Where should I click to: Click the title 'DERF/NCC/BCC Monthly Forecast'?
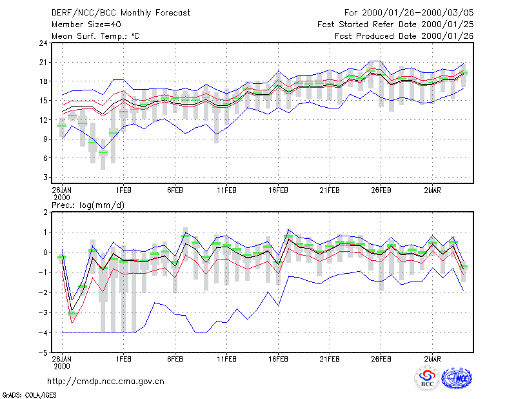point(121,13)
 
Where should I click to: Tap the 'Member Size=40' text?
point(86,25)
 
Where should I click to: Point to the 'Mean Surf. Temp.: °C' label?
point(95,36)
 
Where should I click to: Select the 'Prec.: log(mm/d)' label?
point(88,205)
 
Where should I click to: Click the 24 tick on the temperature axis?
point(43,43)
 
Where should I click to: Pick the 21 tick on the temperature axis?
point(43,62)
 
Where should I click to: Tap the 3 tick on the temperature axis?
point(45,178)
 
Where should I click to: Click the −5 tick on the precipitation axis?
point(43,353)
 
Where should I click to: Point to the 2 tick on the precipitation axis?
point(45,212)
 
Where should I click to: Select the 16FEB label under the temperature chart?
point(278,190)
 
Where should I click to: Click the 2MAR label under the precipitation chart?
point(432,359)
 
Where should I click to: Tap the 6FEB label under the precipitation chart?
point(175,359)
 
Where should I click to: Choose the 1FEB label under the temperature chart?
point(123,190)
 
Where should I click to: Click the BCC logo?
point(427,379)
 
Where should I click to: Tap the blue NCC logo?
point(457,378)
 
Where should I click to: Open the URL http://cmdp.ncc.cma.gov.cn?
point(106,382)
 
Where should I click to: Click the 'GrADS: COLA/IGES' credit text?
point(29,395)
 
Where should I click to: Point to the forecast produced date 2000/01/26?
point(448,36)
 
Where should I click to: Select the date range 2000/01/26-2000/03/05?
point(418,13)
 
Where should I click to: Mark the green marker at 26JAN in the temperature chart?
point(62,126)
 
